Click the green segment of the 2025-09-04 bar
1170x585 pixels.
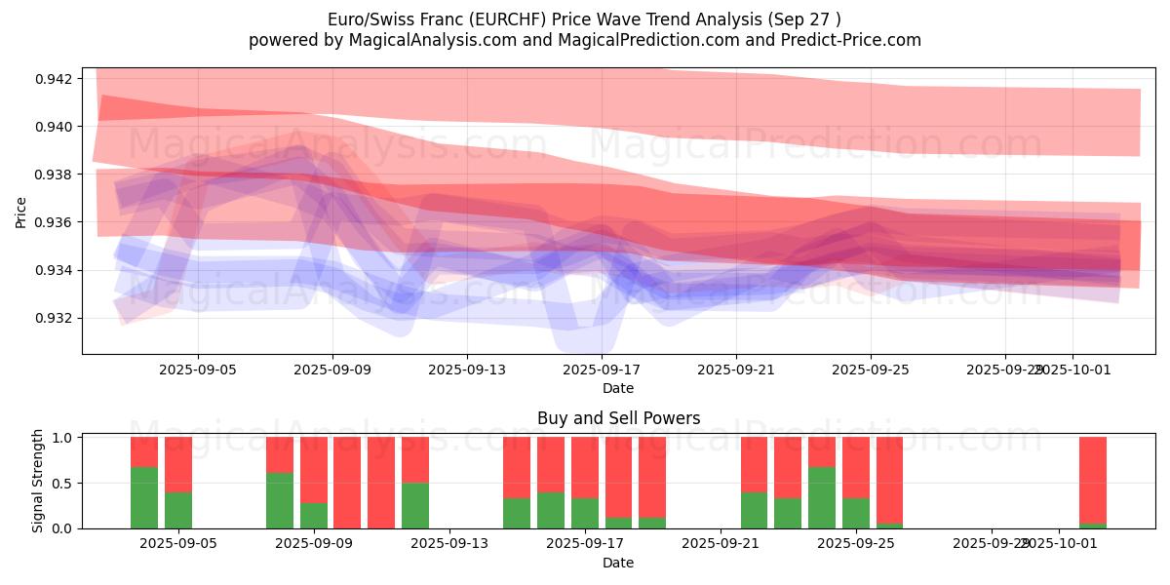click(x=144, y=497)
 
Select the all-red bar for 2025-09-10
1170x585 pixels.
click(x=347, y=483)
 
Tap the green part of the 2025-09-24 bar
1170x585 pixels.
click(x=822, y=497)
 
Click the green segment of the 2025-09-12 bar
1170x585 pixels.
click(x=415, y=505)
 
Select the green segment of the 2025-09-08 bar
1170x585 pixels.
click(x=280, y=500)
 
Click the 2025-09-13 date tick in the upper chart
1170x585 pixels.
click(x=466, y=370)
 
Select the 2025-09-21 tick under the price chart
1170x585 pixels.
click(x=735, y=370)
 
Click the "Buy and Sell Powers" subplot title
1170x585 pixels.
click(x=618, y=418)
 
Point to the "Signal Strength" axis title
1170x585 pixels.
click(x=38, y=481)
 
